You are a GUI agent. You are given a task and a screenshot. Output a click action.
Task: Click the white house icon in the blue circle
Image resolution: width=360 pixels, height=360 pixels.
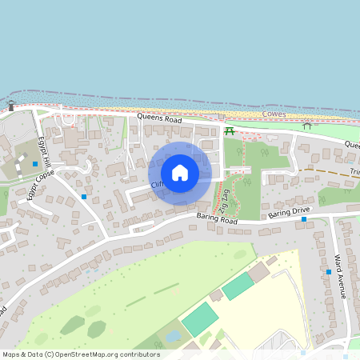click(x=180, y=173)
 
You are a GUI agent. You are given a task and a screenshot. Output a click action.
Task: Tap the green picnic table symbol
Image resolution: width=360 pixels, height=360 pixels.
click(x=230, y=130)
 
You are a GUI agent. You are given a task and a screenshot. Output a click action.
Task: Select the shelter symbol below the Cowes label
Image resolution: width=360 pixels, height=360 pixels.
click(x=307, y=126)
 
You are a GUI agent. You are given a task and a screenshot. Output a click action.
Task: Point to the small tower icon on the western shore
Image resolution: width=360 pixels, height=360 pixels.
click(x=11, y=106)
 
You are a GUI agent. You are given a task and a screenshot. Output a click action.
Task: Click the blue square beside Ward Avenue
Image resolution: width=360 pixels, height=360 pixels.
click(x=329, y=272)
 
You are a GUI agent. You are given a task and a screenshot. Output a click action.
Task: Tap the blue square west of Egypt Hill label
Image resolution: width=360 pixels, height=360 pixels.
click(x=35, y=163)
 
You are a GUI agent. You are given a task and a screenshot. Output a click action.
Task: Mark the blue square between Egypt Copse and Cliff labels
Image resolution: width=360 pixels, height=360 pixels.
click(x=84, y=196)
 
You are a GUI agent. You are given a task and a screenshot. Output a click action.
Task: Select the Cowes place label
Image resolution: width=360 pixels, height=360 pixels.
click(x=274, y=114)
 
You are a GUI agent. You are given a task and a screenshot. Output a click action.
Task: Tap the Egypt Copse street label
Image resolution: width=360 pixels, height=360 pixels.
click(x=41, y=185)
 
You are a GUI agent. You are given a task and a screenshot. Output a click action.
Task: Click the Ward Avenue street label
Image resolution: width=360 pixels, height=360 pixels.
click(x=339, y=277)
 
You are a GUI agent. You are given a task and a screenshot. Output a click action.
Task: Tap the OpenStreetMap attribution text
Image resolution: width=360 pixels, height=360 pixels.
click(x=81, y=354)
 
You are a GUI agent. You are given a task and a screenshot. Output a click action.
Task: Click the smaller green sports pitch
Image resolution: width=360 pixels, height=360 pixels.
click(x=238, y=286)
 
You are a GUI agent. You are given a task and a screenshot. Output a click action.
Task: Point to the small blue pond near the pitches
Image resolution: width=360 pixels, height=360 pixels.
click(x=173, y=337)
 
